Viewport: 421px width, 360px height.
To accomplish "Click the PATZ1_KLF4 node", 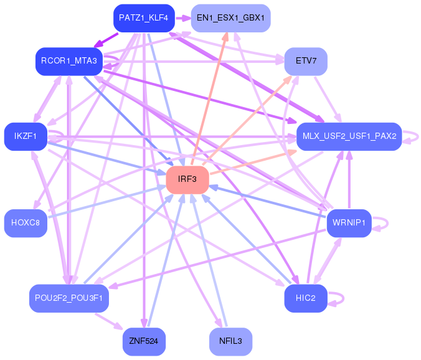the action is [x=144, y=18].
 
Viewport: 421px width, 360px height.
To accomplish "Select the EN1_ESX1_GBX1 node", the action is [x=230, y=18].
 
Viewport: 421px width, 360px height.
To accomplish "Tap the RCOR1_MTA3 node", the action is [x=69, y=61].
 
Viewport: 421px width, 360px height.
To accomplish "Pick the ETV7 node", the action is [x=306, y=61].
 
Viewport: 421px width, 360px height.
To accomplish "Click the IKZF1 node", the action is [x=26, y=136].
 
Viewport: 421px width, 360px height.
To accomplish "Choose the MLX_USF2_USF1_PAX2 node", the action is [x=349, y=136].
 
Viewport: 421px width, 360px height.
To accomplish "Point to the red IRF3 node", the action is [x=187, y=179].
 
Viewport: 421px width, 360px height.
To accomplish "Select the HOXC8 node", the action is [x=26, y=223].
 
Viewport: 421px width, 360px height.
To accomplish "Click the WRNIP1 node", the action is [x=349, y=223].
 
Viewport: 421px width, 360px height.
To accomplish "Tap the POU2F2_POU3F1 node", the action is [x=69, y=298].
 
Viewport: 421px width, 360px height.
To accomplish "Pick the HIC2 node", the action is [x=306, y=298].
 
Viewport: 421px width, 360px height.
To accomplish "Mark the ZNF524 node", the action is [x=144, y=341].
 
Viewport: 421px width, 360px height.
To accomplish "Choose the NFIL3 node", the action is [x=230, y=341].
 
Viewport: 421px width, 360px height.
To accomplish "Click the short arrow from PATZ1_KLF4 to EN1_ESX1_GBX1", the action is [x=183, y=18].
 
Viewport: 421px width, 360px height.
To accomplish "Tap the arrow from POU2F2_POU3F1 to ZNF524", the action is [x=109, y=321].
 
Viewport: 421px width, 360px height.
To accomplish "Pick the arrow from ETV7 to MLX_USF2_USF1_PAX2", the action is [x=328, y=99].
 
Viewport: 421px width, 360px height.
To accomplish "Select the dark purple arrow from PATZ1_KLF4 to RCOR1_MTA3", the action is [x=106, y=40].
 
